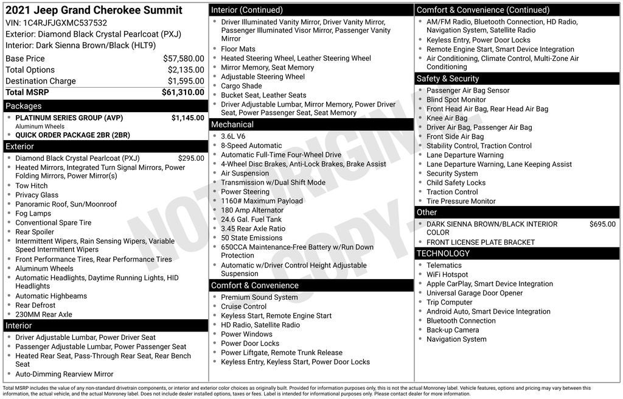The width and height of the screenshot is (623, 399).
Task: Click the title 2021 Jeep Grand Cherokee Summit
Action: (94, 10)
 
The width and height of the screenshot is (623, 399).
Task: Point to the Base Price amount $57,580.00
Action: (183, 58)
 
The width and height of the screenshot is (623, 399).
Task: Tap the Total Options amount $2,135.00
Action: (186, 70)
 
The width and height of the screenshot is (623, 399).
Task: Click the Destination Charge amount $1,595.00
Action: (186, 81)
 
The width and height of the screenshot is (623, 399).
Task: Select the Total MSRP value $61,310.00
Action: (183, 93)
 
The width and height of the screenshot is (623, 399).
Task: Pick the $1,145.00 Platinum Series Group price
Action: (187, 118)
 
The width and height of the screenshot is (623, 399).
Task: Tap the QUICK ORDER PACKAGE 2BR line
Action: (72, 135)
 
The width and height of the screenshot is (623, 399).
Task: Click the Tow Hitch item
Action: (32, 186)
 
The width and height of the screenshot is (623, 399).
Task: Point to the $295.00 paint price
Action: (191, 158)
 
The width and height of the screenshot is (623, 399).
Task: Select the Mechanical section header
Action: (232, 124)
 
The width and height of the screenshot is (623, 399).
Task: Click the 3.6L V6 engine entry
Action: (233, 136)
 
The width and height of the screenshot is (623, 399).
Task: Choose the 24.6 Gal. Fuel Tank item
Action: (251, 219)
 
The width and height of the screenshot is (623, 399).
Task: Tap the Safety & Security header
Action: (448, 79)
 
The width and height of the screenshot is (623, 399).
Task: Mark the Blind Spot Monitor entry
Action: (456, 100)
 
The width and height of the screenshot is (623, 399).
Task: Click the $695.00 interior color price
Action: (602, 224)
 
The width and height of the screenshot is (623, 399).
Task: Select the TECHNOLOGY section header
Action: (443, 253)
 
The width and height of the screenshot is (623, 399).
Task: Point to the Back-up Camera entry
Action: (453, 330)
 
